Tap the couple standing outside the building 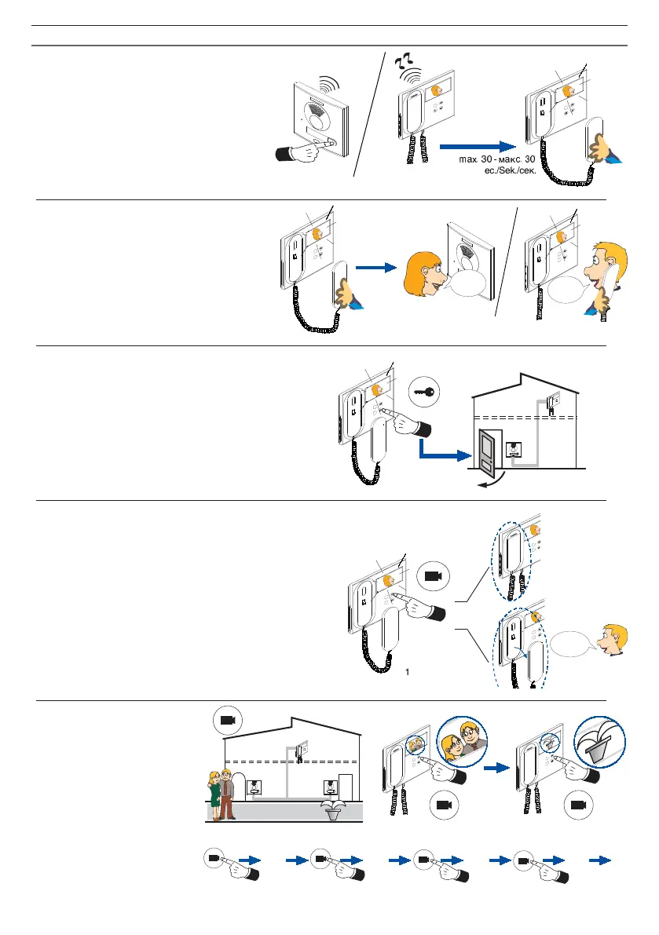point(221,793)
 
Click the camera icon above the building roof point(228,720)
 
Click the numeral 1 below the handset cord point(408,672)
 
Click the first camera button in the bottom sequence point(214,859)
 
